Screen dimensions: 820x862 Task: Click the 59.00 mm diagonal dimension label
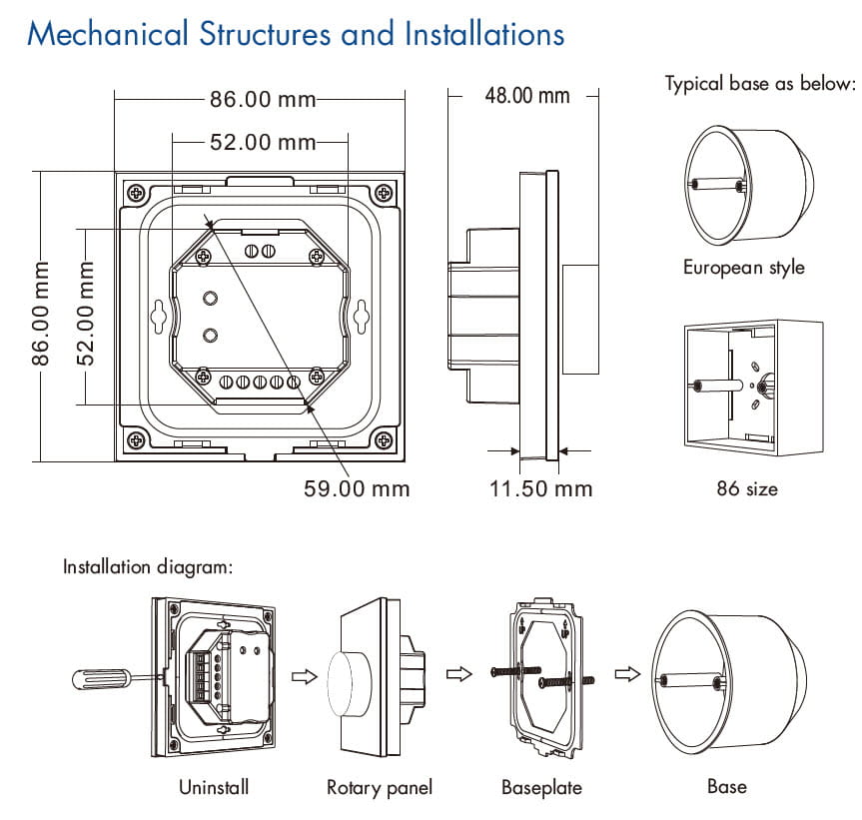click(357, 488)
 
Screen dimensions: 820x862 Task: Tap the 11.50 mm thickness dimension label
click(541, 488)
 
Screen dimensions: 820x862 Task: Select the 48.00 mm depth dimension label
click(526, 96)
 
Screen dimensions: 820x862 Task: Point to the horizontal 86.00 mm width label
click(262, 100)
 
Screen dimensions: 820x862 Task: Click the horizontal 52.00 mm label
click(262, 143)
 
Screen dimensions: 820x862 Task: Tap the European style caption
click(743, 268)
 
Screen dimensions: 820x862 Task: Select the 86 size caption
click(746, 488)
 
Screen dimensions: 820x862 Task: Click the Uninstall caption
click(214, 787)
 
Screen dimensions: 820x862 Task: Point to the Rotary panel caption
click(380, 788)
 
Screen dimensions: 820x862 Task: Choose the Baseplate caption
click(541, 788)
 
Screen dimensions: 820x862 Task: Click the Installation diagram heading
click(148, 567)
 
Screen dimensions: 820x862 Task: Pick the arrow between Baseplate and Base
click(627, 676)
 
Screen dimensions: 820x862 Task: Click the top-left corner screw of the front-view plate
click(135, 192)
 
